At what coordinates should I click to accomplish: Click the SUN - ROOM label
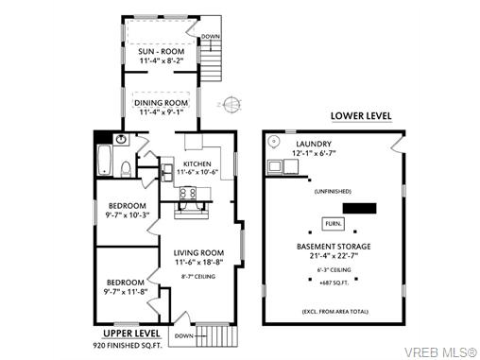(x=162, y=51)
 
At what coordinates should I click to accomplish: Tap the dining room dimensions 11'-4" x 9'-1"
(x=162, y=111)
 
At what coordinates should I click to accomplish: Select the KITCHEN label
(x=197, y=164)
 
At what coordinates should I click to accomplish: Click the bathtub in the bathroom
(x=104, y=161)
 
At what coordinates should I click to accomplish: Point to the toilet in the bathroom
(x=126, y=169)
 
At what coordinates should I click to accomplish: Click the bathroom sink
(x=121, y=139)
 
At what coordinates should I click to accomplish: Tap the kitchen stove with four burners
(x=188, y=193)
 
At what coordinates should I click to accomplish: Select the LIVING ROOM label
(x=198, y=253)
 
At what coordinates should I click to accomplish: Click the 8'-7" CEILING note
(x=198, y=277)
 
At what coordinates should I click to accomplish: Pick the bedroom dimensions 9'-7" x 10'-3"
(x=128, y=215)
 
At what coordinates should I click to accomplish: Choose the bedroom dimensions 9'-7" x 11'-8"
(x=126, y=292)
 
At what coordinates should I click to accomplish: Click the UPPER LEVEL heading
(x=131, y=334)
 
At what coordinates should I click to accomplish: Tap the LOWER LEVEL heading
(x=361, y=116)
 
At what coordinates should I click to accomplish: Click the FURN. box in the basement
(x=334, y=224)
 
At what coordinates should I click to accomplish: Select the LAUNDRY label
(x=314, y=145)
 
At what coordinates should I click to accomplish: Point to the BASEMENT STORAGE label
(x=334, y=247)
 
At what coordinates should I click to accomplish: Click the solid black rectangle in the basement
(x=359, y=208)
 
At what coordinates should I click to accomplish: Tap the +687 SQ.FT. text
(x=334, y=283)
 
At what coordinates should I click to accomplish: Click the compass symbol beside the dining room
(x=231, y=104)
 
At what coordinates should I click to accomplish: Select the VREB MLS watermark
(x=440, y=351)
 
